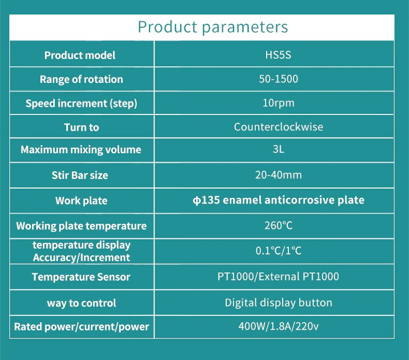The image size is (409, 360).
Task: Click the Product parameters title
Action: pyautogui.click(x=213, y=27)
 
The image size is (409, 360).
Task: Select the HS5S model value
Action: pyautogui.click(x=278, y=55)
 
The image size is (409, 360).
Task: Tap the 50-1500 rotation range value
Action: pyautogui.click(x=279, y=79)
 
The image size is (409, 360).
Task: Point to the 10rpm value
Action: pyautogui.click(x=279, y=103)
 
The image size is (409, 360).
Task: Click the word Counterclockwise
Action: pyautogui.click(x=279, y=127)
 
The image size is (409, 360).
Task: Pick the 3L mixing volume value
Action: pyautogui.click(x=279, y=149)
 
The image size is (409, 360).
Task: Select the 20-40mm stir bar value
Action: pyautogui.click(x=279, y=175)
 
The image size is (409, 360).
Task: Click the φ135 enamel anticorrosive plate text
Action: pyautogui.click(x=279, y=200)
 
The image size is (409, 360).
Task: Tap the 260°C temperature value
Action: pyautogui.click(x=279, y=225)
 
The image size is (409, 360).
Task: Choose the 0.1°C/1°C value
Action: pyautogui.click(x=279, y=251)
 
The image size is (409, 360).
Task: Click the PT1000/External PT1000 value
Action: pyautogui.click(x=278, y=277)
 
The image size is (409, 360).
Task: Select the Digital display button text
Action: pyautogui.click(x=279, y=303)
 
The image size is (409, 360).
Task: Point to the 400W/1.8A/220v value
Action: pyautogui.click(x=279, y=326)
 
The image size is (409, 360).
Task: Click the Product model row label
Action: pyautogui.click(x=80, y=55)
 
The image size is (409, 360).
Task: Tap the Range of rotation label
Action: pyautogui.click(x=81, y=79)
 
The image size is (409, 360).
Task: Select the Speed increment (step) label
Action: pyautogui.click(x=81, y=104)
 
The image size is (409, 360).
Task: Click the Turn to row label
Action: pyautogui.click(x=81, y=127)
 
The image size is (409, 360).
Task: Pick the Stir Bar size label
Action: pyautogui.click(x=80, y=175)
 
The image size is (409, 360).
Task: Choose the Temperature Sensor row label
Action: pyautogui.click(x=81, y=277)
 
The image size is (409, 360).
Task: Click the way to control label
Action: pyautogui.click(x=81, y=303)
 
